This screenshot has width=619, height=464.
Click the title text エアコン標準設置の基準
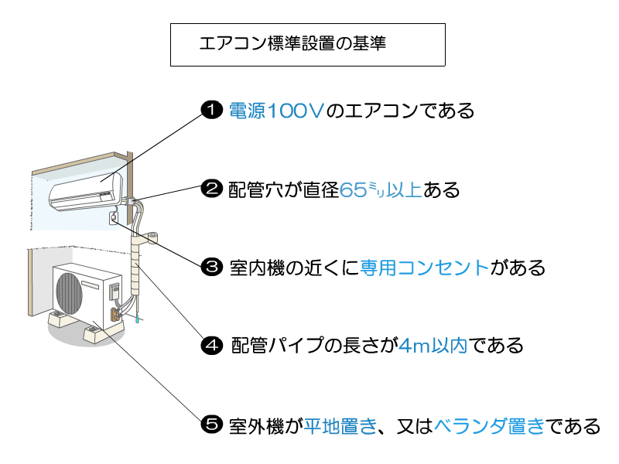click(292, 43)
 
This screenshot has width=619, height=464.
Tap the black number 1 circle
click(211, 110)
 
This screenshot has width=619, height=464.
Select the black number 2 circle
click(211, 189)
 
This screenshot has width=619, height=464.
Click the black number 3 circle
click(211, 268)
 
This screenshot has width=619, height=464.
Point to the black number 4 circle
click(211, 345)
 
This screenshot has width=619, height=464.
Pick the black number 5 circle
click(211, 424)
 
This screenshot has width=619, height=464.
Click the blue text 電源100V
click(275, 111)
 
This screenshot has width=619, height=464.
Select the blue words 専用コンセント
click(425, 268)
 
